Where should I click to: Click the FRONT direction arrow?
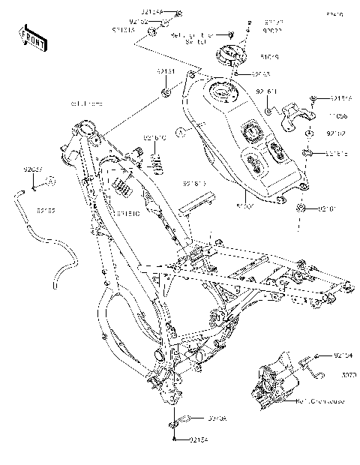coord(31,37)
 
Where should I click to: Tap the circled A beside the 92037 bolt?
coord(49,181)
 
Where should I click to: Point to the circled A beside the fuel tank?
coord(179,133)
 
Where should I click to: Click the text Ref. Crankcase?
coord(318,400)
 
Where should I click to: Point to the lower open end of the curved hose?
coord(55,285)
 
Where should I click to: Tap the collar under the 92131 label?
coord(166,94)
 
